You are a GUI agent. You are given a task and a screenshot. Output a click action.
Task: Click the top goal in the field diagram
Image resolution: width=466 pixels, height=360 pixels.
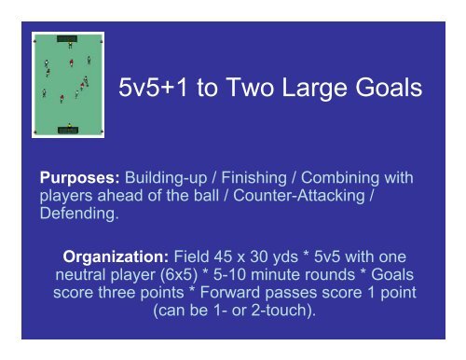[68, 38]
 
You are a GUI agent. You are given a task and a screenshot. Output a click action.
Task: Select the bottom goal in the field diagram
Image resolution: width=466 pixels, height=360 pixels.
[68, 130]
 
